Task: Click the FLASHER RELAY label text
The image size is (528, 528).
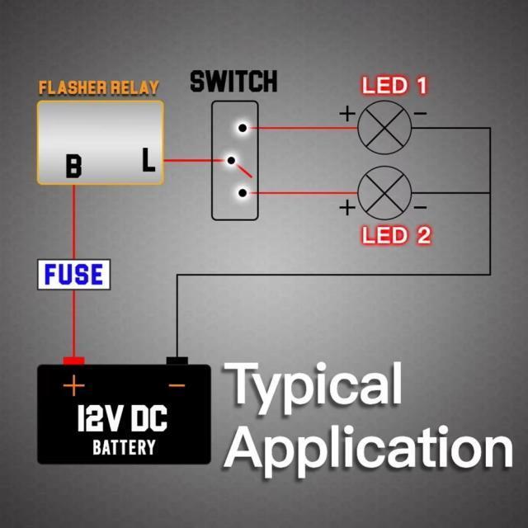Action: (x=98, y=87)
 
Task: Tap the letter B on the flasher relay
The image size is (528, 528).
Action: (x=74, y=167)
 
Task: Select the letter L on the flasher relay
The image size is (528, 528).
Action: (x=148, y=160)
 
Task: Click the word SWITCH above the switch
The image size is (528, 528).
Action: (x=233, y=82)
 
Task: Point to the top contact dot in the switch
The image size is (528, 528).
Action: (x=242, y=128)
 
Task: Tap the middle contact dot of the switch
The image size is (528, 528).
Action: (x=232, y=161)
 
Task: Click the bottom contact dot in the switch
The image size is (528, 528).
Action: (x=242, y=194)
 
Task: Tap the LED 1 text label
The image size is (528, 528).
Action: (x=396, y=86)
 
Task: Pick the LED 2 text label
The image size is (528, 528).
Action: (x=397, y=235)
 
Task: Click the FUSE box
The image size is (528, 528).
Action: (x=75, y=275)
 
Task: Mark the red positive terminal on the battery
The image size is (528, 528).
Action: (x=74, y=361)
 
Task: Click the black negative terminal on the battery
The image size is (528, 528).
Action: (x=177, y=361)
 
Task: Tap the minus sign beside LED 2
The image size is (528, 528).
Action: (x=420, y=206)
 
